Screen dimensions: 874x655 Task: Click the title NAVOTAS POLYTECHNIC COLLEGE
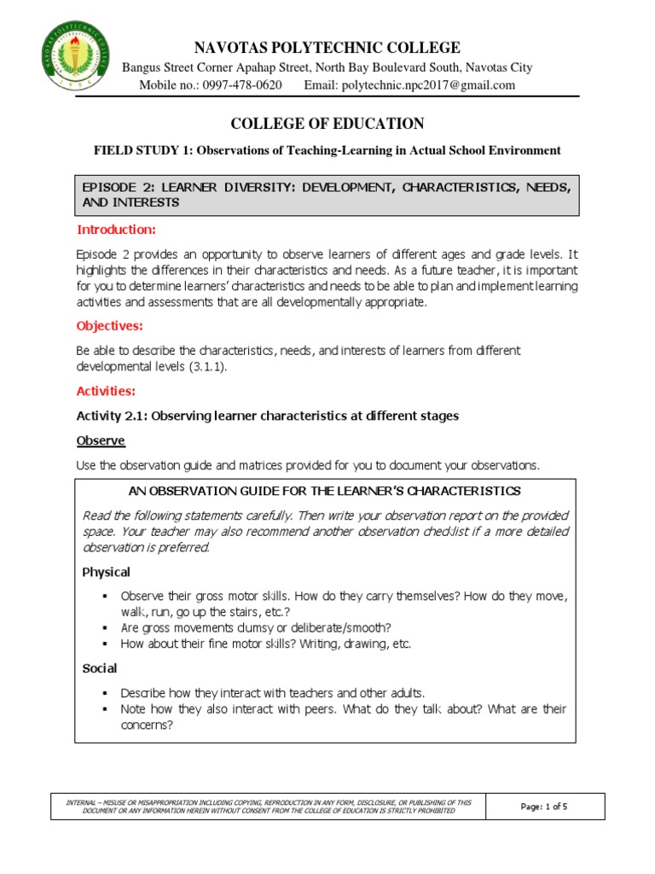(327, 48)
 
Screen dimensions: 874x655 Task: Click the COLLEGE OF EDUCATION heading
(327, 124)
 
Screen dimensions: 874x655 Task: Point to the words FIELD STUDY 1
(136, 151)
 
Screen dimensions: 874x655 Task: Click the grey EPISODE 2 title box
(327, 195)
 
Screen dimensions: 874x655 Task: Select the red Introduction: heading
(116, 230)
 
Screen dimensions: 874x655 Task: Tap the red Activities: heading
(107, 391)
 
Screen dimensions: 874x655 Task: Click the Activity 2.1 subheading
(269, 417)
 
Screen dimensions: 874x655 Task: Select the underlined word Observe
(101, 440)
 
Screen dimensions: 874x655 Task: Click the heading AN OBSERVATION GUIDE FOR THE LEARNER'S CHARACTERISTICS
(325, 492)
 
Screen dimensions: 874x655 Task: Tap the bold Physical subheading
(106, 572)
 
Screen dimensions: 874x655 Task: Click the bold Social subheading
(99, 668)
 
